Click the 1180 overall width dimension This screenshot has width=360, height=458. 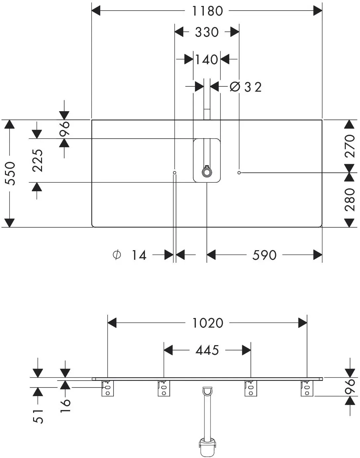pyautogui.click(x=207, y=11)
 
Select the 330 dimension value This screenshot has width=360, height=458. pyautogui.click(x=207, y=32)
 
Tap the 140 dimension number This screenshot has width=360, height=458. pyautogui.click(x=206, y=59)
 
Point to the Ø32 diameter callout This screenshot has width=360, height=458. pyautogui.click(x=246, y=87)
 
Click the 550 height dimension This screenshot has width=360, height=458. pyautogui.click(x=10, y=173)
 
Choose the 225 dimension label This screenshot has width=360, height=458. pyautogui.click(x=38, y=160)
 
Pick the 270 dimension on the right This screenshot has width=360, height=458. pyautogui.click(x=350, y=146)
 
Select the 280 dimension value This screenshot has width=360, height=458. pyautogui.click(x=350, y=200)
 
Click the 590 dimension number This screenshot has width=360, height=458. pyautogui.click(x=264, y=255)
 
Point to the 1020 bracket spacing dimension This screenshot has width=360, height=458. pyautogui.click(x=208, y=323)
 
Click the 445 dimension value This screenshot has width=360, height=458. pyautogui.click(x=207, y=350)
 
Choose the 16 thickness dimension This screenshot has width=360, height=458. pyautogui.click(x=65, y=406)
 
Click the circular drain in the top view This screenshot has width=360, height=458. pyautogui.click(x=207, y=172)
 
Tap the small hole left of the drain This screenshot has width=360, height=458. pyautogui.click(x=175, y=173)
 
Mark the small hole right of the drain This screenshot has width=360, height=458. pyautogui.click(x=239, y=173)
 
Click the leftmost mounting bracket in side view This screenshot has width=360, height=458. pyautogui.click(x=108, y=388)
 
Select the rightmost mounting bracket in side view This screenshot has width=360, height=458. pyautogui.click(x=307, y=388)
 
